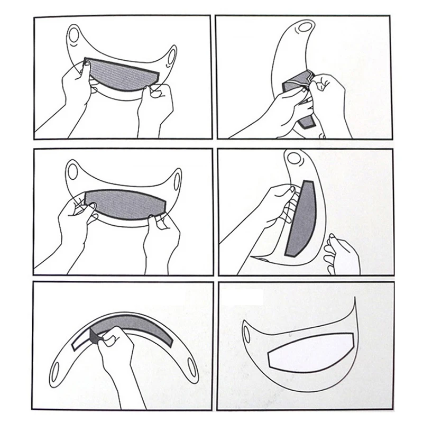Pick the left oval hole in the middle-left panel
(73, 171)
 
